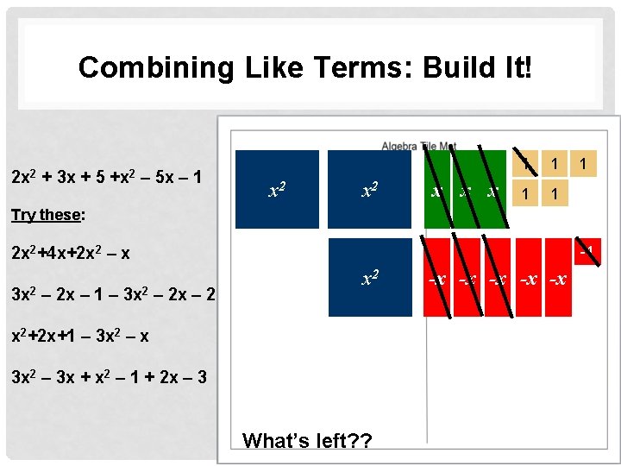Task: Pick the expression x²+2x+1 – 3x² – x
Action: coord(79,336)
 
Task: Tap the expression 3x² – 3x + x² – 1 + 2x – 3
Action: coord(108,376)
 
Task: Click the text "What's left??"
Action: coord(307,440)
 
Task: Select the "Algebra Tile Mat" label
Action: coord(419,147)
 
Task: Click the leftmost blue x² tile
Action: coord(277,189)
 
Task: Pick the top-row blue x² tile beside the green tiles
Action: coord(370,189)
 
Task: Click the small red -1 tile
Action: coord(587,252)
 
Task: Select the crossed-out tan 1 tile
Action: coord(526,162)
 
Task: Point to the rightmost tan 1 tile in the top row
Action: coord(585,162)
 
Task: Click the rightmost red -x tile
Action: coord(558,278)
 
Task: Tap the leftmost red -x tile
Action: coord(438,278)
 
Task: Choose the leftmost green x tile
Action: coord(438,189)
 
